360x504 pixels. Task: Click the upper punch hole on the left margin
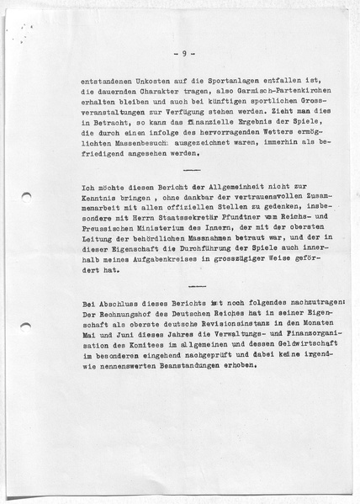tap(25, 200)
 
